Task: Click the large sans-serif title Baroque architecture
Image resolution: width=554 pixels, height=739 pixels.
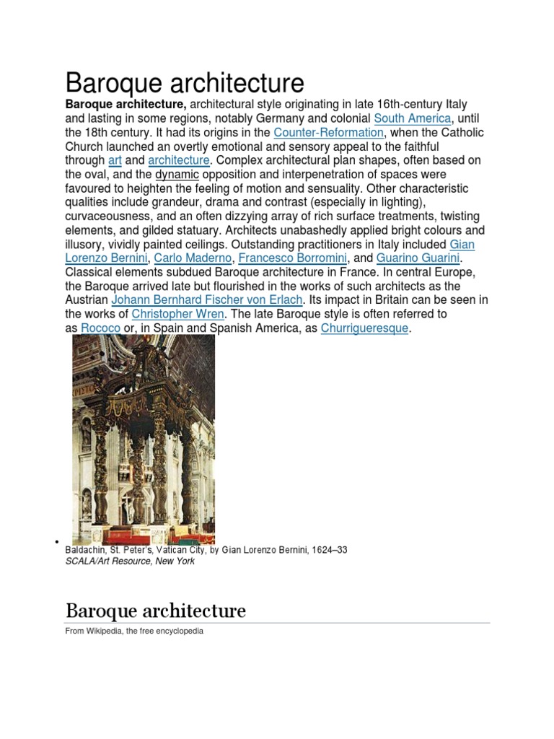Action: [x=185, y=82]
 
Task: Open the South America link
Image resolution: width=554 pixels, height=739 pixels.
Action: [x=412, y=118]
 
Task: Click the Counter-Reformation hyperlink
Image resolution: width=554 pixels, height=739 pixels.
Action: [x=328, y=133]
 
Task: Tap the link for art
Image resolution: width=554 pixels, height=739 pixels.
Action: [x=115, y=160]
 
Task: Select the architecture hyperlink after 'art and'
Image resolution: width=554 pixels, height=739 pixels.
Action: [x=179, y=160]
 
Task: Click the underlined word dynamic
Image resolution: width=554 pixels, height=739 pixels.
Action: [x=177, y=175]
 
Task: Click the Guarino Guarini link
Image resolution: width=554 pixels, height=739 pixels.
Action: [x=418, y=258]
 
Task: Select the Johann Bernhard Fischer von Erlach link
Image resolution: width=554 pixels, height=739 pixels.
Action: [x=207, y=300]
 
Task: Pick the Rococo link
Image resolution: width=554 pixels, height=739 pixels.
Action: [x=100, y=328]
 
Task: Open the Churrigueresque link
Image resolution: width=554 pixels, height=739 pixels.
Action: [x=364, y=328]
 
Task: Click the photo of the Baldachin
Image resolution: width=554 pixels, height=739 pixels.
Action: [x=143, y=439]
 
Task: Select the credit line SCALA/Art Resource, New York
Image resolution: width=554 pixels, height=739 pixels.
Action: [x=130, y=561]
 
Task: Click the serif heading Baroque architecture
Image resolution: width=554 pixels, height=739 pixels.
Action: [x=155, y=611]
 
